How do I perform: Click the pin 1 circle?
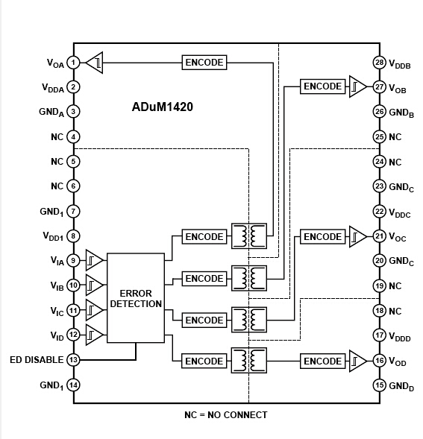click(73, 63)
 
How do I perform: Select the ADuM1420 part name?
click(163, 107)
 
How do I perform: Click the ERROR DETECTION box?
click(135, 298)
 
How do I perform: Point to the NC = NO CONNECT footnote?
click(225, 414)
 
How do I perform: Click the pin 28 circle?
click(380, 63)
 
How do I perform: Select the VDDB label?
click(400, 63)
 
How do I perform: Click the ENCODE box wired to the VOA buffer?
click(204, 63)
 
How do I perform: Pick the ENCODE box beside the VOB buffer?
click(322, 87)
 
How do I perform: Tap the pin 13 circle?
click(73, 360)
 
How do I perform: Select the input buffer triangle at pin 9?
click(94, 261)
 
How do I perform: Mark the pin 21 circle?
click(380, 236)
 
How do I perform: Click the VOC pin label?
click(398, 237)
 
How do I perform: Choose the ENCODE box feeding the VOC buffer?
click(322, 237)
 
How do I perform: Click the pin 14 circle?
click(73, 385)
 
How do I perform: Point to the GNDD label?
click(401, 386)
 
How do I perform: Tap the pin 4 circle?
click(73, 137)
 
